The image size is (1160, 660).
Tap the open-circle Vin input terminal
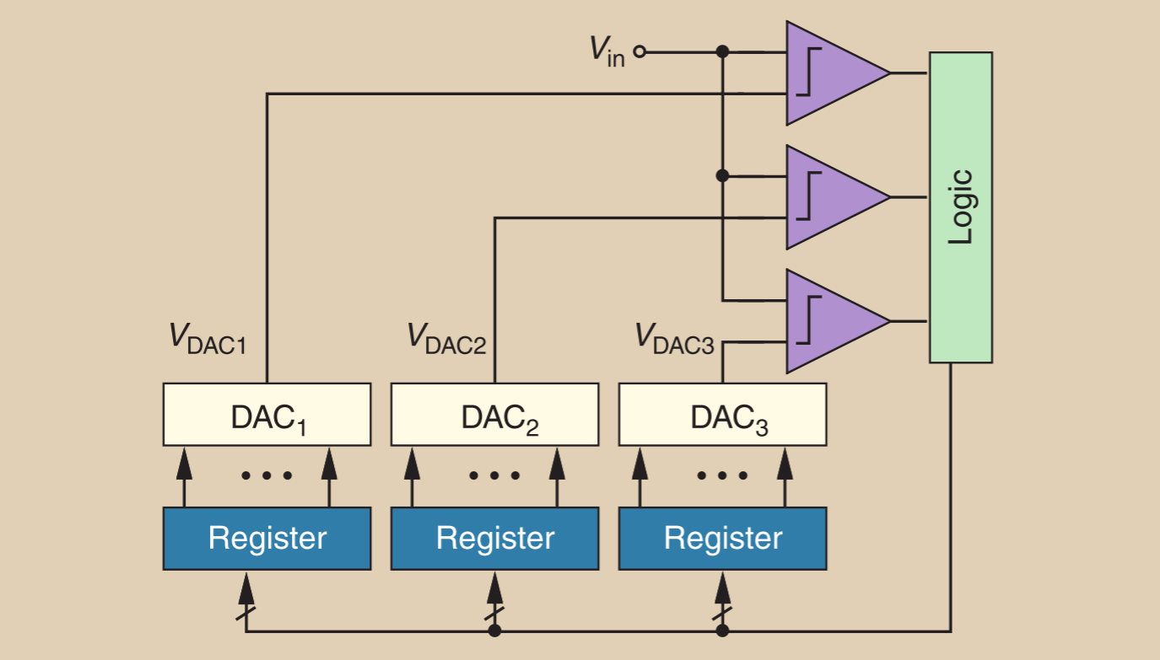pyautogui.click(x=639, y=52)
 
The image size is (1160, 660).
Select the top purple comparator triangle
pyautogui.click(x=831, y=73)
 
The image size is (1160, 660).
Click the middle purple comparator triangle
pyautogui.click(x=831, y=197)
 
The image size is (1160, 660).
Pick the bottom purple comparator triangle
pyautogui.click(x=831, y=321)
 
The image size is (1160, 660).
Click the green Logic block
pyautogui.click(x=960, y=207)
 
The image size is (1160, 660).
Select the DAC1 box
pyautogui.click(x=267, y=415)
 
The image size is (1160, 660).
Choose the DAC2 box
pyautogui.click(x=494, y=415)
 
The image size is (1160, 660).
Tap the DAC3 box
pyautogui.click(x=722, y=415)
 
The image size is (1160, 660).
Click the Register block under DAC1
pyautogui.click(x=267, y=539)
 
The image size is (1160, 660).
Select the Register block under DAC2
pyautogui.click(x=494, y=539)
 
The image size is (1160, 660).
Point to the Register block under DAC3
pyautogui.click(x=722, y=539)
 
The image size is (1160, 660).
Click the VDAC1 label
pyautogui.click(x=208, y=339)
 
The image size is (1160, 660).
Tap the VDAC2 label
pyautogui.click(x=446, y=339)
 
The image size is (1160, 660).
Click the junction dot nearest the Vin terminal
pyautogui.click(x=722, y=52)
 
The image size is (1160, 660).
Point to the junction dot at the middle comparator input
pyautogui.click(x=722, y=176)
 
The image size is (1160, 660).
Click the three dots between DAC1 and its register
pyautogui.click(x=267, y=476)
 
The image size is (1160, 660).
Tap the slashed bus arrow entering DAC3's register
pyautogui.click(x=722, y=603)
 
